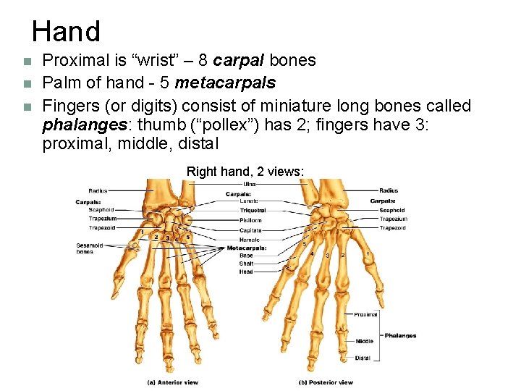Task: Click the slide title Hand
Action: (66, 32)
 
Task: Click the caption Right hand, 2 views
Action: (245, 172)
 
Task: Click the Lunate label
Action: (249, 201)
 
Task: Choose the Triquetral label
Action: (253, 211)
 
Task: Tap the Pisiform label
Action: (250, 220)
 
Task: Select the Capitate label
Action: (250, 230)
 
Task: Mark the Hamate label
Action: (249, 239)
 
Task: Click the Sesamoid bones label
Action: (89, 248)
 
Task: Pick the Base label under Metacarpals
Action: (246, 256)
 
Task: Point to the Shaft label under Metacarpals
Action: (246, 264)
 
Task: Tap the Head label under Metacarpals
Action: (246, 272)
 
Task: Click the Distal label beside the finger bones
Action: (363, 358)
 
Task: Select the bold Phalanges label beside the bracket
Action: (400, 335)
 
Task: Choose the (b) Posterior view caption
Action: (326, 382)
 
